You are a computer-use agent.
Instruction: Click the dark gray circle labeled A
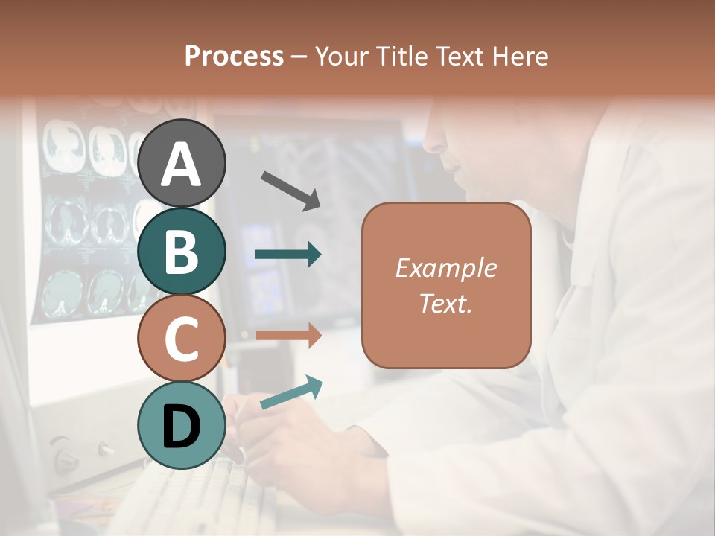pyautogui.click(x=181, y=163)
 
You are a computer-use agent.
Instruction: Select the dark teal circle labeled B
pyautogui.click(x=181, y=251)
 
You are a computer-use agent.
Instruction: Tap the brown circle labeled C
pyautogui.click(x=181, y=338)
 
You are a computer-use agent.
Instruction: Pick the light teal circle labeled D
pyautogui.click(x=181, y=425)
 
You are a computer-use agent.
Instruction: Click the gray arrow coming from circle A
pyautogui.click(x=290, y=190)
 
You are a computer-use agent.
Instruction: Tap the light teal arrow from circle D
pyautogui.click(x=291, y=392)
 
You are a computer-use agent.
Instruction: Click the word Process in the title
pyautogui.click(x=234, y=57)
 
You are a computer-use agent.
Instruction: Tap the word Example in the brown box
pyautogui.click(x=445, y=268)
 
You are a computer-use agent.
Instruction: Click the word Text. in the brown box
pyautogui.click(x=445, y=303)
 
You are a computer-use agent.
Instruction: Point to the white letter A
pyautogui.click(x=181, y=165)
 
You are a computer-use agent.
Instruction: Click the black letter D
pyautogui.click(x=181, y=427)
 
